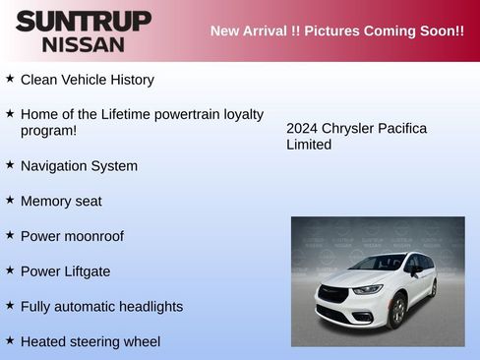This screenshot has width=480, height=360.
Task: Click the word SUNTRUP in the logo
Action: tap(84, 21)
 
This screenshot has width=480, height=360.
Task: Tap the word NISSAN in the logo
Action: tap(84, 44)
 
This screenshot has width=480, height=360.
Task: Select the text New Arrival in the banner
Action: tap(248, 30)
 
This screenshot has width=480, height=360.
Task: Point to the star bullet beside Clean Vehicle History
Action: tap(10, 78)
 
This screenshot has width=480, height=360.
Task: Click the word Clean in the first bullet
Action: tap(39, 80)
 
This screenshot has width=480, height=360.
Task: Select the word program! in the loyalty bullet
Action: tap(48, 131)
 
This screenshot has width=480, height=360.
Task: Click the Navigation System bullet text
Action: tap(79, 166)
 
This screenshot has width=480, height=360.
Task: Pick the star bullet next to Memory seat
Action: tap(10, 200)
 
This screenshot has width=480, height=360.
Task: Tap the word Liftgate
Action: tap(86, 271)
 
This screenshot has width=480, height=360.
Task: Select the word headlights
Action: tap(146, 307)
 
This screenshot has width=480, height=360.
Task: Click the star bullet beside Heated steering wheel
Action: tap(10, 340)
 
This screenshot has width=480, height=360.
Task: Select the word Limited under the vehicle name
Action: tap(309, 146)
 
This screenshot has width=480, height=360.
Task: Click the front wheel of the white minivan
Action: tap(396, 312)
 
